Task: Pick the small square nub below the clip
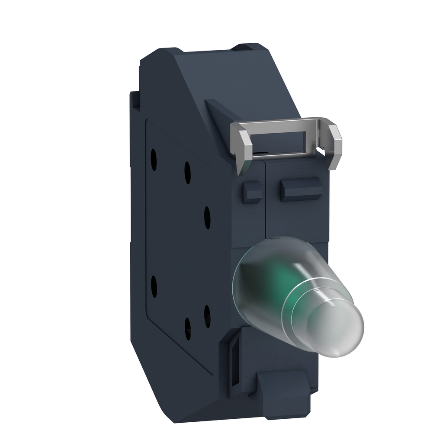pos(252,192)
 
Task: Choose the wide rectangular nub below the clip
pos(300,189)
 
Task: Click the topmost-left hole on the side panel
pos(154,159)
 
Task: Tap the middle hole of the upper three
pos(187,172)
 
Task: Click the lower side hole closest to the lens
pos(207,316)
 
